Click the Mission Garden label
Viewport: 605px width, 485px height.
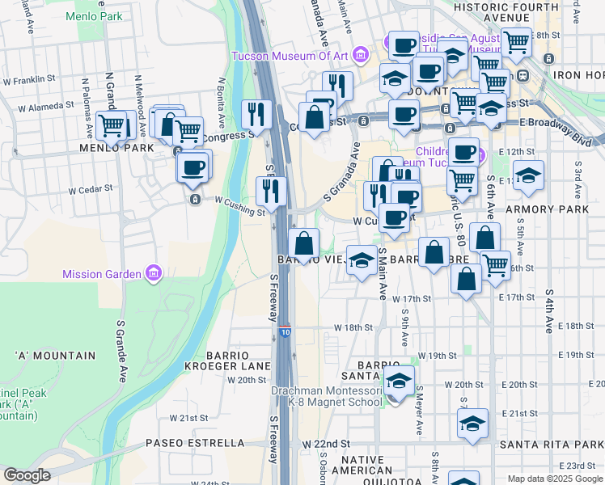[103, 274]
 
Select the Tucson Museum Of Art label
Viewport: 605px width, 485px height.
[290, 56]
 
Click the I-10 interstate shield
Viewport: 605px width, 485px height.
[285, 331]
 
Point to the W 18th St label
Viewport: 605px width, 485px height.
[353, 327]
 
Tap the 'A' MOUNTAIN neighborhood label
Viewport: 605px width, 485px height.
[54, 356]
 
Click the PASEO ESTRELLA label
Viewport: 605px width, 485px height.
[195, 443]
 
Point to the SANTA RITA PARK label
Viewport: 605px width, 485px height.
[550, 444]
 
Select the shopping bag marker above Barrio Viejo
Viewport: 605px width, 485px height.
[304, 243]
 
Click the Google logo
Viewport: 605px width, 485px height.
[27, 475]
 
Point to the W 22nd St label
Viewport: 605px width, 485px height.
[327, 444]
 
